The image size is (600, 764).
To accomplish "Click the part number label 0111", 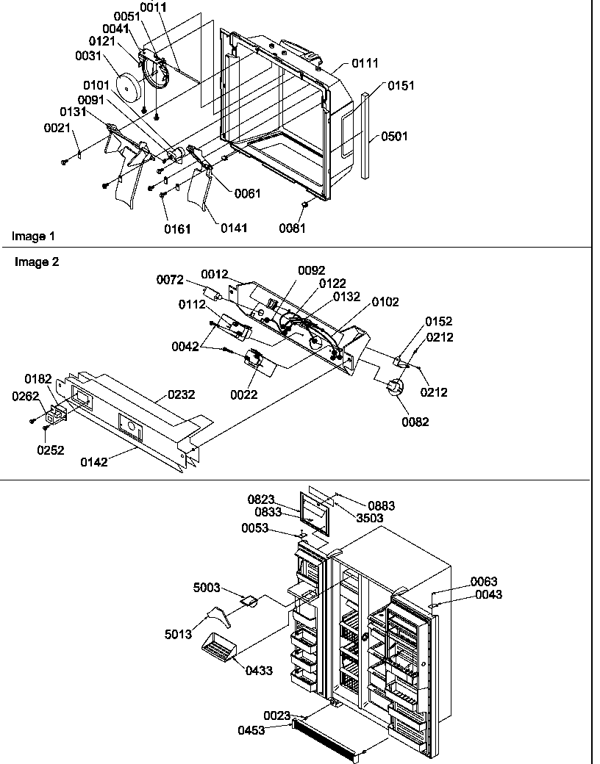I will (x=365, y=64).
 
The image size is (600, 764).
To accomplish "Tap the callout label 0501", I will (x=394, y=137).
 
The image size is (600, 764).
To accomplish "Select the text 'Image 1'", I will (x=32, y=237).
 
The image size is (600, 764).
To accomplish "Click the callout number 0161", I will (x=176, y=229).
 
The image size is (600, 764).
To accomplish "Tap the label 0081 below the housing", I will (x=293, y=228).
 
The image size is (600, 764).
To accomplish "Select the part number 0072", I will (x=170, y=280).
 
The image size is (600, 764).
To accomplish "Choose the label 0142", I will (x=94, y=463).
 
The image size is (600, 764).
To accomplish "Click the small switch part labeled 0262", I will (x=53, y=418).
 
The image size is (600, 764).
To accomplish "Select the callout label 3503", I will (x=370, y=517).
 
